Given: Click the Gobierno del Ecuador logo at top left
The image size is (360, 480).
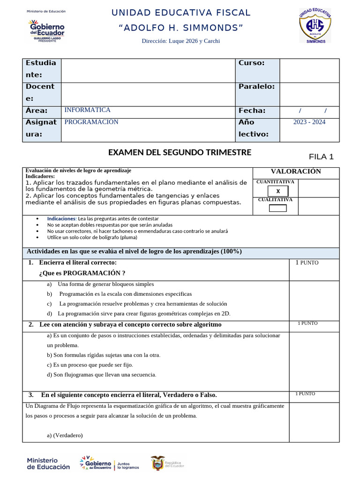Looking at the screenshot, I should pos(46,29).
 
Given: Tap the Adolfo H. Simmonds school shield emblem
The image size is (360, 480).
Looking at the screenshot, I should pos(315,26).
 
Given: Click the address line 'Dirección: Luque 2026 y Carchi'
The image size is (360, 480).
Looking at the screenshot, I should pos(180,41).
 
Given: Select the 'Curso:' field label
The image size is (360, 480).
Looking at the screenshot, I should pos(252,63).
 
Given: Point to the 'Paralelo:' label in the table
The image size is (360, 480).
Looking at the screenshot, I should pos(256,86).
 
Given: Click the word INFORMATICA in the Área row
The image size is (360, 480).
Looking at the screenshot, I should pos(88,110).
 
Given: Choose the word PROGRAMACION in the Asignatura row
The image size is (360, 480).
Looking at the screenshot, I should pos(91,122).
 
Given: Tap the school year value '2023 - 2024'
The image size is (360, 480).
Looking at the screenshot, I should pos(309,122).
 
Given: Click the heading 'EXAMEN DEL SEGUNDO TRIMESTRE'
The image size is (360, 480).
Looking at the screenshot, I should pos(180,152).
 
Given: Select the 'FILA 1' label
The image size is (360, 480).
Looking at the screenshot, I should pos(321,157).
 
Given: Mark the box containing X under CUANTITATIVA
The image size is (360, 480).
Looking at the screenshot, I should pos(278,191).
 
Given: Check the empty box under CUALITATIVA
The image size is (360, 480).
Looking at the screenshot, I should pos(278,208).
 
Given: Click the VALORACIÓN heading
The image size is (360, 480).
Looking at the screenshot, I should pos(296,172).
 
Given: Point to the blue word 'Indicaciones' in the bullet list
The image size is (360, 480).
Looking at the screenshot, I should pos(61,218).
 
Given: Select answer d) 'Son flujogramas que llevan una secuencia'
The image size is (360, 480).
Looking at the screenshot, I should pos(102,375).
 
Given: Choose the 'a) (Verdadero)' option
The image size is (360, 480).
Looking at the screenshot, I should pos(65,435).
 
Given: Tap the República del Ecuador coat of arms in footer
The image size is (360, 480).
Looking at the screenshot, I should pos(158,464).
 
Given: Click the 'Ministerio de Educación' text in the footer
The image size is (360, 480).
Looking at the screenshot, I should pos(48,464).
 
